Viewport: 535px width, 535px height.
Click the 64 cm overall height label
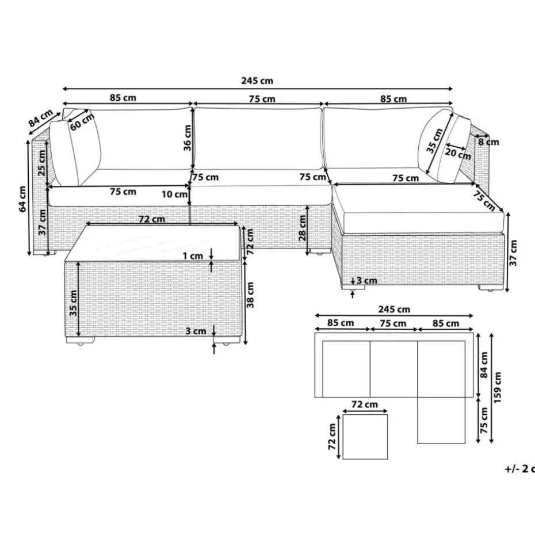coord(22,199)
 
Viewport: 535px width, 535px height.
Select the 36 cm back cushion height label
coord(188,138)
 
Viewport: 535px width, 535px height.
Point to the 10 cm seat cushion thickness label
coord(174,194)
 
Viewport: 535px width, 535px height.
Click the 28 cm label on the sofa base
coord(303,228)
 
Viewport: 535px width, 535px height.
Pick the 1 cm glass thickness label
coord(193,256)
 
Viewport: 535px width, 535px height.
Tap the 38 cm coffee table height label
coord(250,295)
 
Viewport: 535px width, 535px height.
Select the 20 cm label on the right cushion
coord(458,154)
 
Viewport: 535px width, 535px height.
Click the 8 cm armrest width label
coord(488,142)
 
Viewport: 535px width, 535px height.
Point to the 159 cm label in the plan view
coord(498,388)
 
